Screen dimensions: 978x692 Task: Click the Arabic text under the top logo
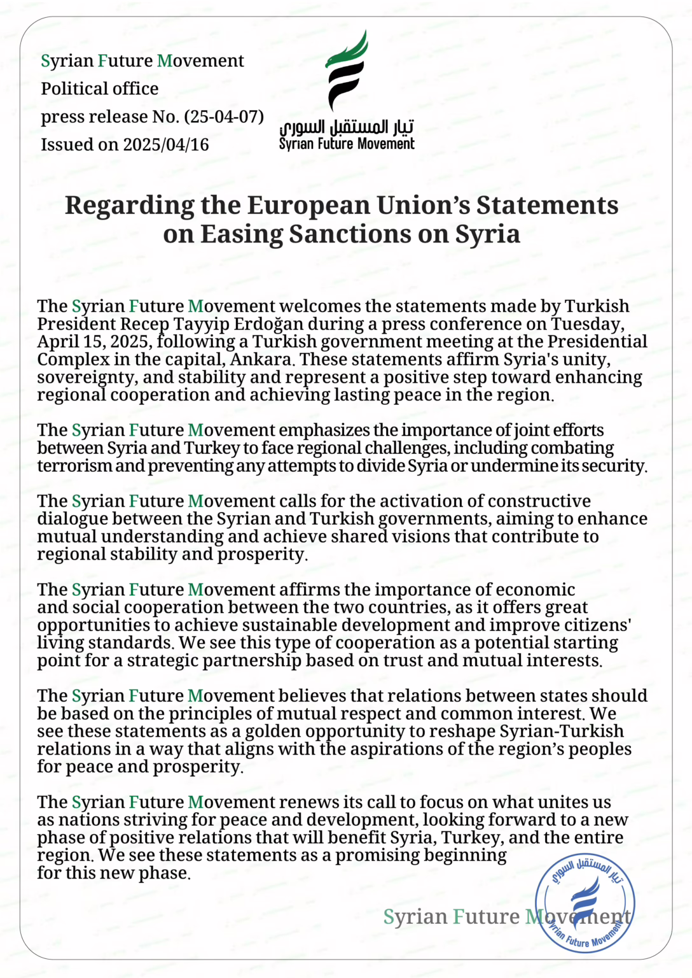click(x=347, y=127)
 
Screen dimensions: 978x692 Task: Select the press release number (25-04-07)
click(x=224, y=117)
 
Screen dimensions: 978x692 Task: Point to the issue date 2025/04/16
click(x=166, y=145)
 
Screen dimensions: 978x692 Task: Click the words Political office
click(x=100, y=89)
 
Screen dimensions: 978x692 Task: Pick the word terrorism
click(x=74, y=466)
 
